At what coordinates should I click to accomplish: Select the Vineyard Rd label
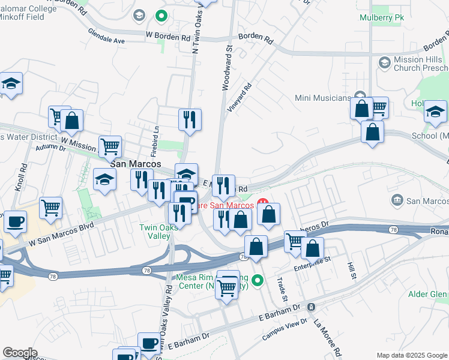[x=239, y=97]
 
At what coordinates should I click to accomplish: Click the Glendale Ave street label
[x=106, y=36]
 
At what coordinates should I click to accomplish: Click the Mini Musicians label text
[x=323, y=98]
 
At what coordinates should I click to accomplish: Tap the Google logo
[x=20, y=353]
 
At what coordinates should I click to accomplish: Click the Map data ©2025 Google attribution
[x=412, y=355]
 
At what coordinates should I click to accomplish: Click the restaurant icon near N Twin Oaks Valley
[x=190, y=119]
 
